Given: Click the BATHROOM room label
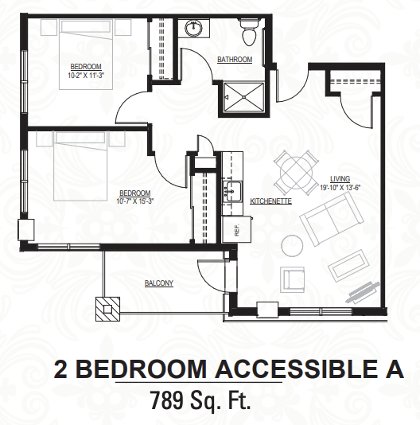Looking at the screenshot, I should (x=235, y=60).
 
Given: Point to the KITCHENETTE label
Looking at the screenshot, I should (x=270, y=201).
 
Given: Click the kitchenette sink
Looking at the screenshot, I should (x=232, y=191).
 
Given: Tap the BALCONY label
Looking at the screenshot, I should (x=159, y=283).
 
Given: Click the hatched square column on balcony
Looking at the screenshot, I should (x=107, y=309).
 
